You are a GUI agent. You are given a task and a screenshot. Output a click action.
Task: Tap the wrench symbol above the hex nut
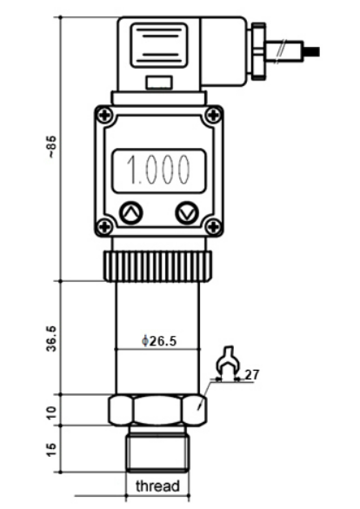pyautogui.click(x=228, y=364)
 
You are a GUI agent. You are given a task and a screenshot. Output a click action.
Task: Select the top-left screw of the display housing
pyautogui.click(x=104, y=115)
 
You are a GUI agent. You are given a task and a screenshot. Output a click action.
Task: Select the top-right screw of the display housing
pyautogui.click(x=212, y=115)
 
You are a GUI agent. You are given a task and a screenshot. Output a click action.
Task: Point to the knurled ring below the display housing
pyautogui.click(x=157, y=265)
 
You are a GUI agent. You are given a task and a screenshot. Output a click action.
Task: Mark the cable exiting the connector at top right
pyautogui.click(x=300, y=50)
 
